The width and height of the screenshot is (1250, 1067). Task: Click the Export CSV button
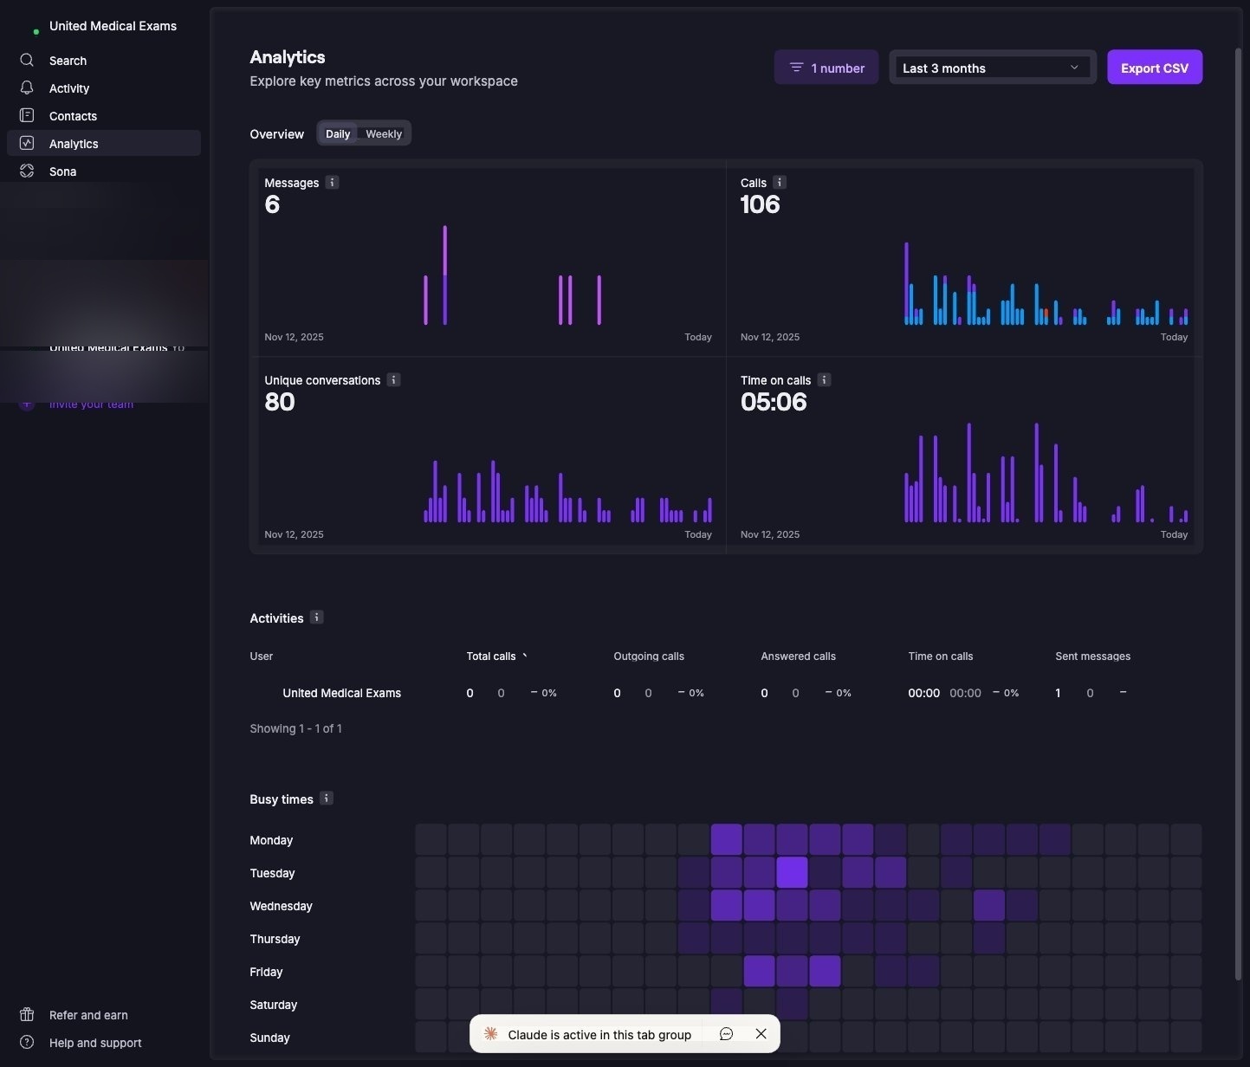click(x=1154, y=68)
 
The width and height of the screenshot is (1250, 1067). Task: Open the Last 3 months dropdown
click(x=992, y=68)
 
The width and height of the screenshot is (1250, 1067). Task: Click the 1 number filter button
click(x=826, y=68)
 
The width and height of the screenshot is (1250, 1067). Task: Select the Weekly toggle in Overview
click(x=383, y=134)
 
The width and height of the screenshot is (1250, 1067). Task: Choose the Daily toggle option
click(x=338, y=134)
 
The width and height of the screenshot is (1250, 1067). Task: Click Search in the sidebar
click(x=68, y=61)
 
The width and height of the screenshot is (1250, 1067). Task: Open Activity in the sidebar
click(x=69, y=88)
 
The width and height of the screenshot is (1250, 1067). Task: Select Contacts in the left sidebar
click(x=73, y=116)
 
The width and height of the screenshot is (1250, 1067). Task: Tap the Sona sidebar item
click(x=62, y=171)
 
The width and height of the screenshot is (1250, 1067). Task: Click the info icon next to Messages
click(x=332, y=183)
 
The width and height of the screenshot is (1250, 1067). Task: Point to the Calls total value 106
click(x=760, y=204)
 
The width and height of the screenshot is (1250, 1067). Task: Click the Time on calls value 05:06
click(x=773, y=402)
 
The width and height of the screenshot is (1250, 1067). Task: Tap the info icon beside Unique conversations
click(x=393, y=380)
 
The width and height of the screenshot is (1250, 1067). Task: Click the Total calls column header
click(x=491, y=656)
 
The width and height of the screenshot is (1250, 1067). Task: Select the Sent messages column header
click(x=1092, y=656)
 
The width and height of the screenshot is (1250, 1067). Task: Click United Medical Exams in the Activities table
click(x=341, y=693)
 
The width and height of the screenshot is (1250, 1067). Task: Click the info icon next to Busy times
click(x=327, y=799)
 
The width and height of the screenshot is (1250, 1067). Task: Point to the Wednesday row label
click(x=281, y=906)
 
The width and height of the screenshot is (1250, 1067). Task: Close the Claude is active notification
click(x=761, y=1034)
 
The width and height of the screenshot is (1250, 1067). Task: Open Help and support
click(x=95, y=1043)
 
